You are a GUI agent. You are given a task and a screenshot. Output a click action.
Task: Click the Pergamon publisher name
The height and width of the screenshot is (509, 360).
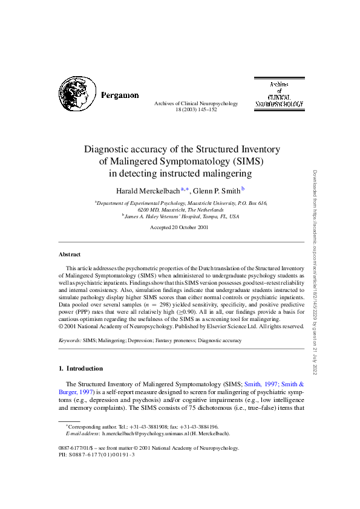point(120,96)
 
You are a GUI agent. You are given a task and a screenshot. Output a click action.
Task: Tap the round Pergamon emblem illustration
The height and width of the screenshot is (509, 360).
point(77,94)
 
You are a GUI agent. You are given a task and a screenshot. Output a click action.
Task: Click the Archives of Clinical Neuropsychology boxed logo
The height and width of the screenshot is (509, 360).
point(279,94)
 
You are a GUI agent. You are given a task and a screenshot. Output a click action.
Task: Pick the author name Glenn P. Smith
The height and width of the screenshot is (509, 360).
point(215,191)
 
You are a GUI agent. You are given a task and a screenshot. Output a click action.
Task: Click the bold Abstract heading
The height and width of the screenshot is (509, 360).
point(70,254)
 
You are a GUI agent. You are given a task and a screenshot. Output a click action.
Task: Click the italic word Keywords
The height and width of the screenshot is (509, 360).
point(70,340)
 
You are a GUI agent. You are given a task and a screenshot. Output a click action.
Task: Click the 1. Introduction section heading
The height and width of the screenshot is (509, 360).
point(80,368)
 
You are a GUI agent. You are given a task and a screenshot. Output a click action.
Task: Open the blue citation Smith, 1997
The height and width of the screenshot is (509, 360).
point(261,384)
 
